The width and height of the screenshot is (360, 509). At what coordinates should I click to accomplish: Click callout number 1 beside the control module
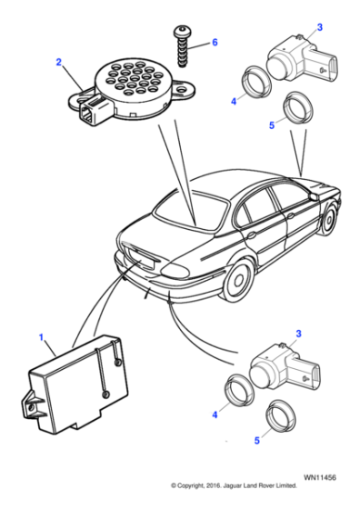click(40, 338)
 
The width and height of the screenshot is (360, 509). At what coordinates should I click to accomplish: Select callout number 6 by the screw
click(215, 42)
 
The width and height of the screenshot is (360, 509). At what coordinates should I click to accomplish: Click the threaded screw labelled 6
click(182, 45)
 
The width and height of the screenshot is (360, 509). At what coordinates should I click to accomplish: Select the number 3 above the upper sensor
click(319, 27)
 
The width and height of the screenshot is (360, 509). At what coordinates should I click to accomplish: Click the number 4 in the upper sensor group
click(233, 102)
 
